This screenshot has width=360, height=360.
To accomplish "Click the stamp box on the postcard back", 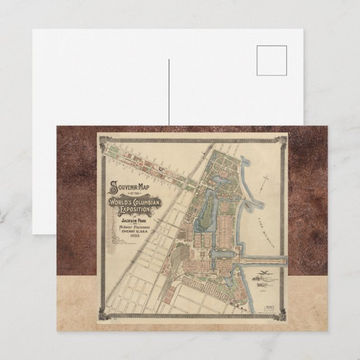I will point(272,60).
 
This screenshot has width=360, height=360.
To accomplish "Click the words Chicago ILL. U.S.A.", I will point(132,232).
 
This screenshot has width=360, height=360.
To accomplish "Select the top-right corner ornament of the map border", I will point(282,138).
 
